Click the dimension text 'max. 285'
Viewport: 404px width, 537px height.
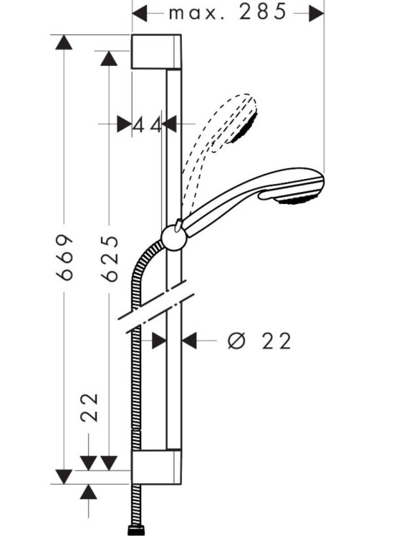coord(228,11)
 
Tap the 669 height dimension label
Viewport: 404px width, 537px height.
coord(65,257)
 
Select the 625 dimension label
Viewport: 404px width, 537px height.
coord(110,258)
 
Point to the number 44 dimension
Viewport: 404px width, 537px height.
coord(147,125)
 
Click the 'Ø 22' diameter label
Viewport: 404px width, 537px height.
coord(259,341)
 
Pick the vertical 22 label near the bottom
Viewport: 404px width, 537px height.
coord(90,407)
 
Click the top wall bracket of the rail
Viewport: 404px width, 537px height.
coord(156,52)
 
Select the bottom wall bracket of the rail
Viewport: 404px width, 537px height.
coord(156,467)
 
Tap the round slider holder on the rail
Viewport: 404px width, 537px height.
coord(174,237)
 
